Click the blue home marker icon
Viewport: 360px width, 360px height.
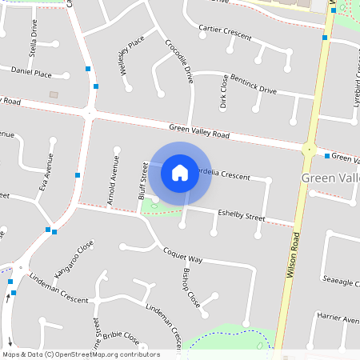180,172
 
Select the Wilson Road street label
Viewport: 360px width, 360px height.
293,254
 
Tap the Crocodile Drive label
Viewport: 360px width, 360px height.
179,62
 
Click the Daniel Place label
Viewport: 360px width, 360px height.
32,73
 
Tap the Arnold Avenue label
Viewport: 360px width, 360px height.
114,181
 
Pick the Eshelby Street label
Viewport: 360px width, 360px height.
241,214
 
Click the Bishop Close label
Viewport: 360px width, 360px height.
190,287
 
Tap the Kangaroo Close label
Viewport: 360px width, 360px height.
74,258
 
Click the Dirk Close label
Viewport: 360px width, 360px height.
223,92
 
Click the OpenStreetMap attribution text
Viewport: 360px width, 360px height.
81,354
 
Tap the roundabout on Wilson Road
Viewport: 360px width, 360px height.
308,149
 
